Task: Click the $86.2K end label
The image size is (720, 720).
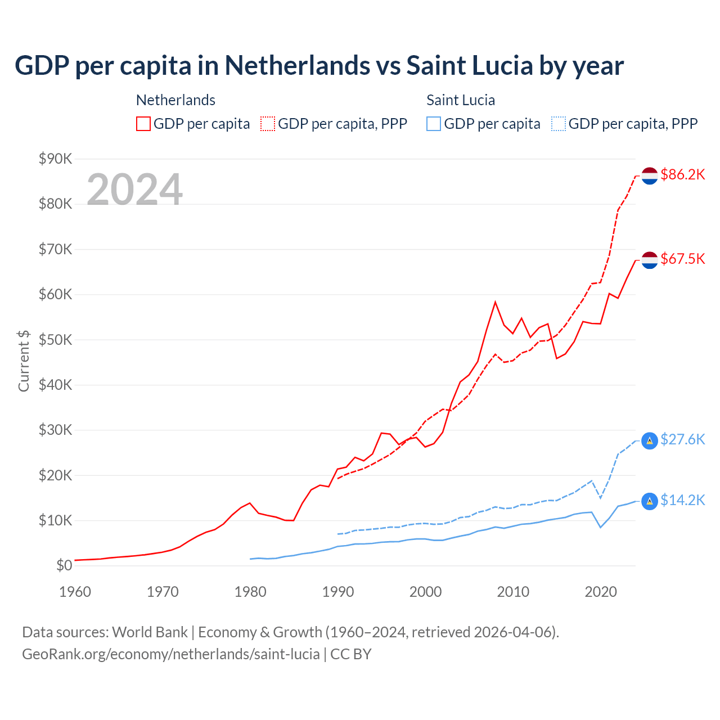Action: point(682,175)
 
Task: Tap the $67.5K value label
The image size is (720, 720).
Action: point(682,259)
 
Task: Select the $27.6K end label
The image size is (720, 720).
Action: point(682,439)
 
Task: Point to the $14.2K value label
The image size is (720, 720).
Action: point(682,500)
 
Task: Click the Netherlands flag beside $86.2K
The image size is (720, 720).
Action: point(650,175)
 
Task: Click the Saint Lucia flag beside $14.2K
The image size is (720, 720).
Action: point(650,501)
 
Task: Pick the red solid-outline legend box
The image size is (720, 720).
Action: point(143,124)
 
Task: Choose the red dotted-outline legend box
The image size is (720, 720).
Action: point(268,124)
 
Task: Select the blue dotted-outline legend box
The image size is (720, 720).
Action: point(559,124)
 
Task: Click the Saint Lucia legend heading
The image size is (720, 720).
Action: point(461,100)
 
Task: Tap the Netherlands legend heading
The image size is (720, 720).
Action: point(175,100)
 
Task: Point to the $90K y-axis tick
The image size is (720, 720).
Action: point(56,159)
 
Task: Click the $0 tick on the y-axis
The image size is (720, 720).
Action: point(64,566)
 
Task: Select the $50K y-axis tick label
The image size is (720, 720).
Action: point(56,340)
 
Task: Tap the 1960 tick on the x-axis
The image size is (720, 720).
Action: point(75,592)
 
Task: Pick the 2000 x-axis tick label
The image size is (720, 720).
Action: point(425,592)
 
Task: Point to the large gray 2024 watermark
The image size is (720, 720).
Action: point(134,190)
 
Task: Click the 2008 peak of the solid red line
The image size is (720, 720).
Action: point(495,302)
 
